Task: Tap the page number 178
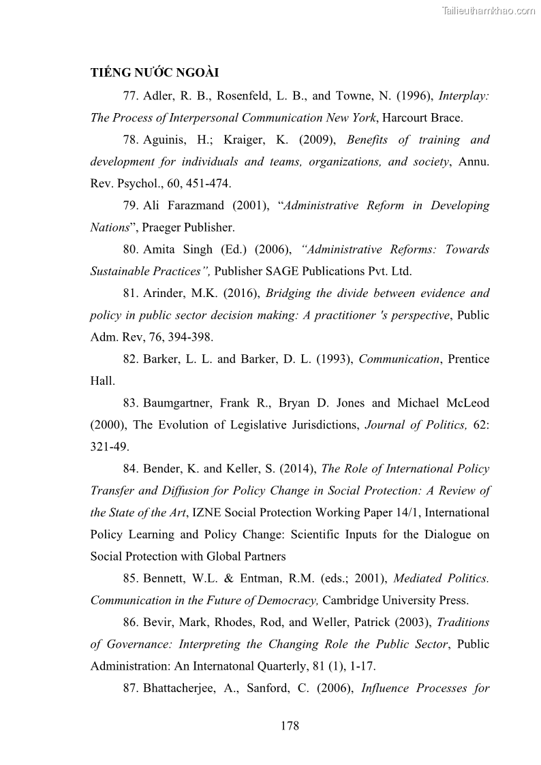click(290, 725)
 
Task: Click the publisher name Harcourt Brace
click(422, 118)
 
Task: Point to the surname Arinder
click(165, 294)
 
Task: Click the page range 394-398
click(192, 337)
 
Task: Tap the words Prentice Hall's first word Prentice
click(469, 359)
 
